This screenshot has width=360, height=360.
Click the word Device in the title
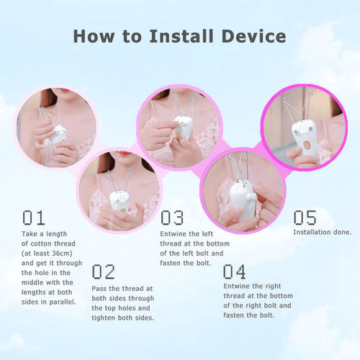pos(252,36)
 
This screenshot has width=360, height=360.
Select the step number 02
pos(104,271)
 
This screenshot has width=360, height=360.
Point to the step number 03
pos(172,217)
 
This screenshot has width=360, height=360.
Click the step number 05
pos(305,217)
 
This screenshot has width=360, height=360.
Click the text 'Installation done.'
pos(322,232)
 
